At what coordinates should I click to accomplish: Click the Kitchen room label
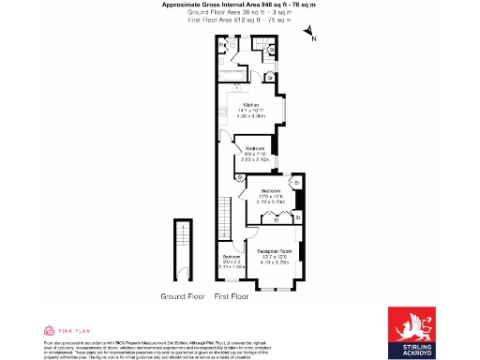click(250, 104)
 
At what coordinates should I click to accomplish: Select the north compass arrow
click(310, 35)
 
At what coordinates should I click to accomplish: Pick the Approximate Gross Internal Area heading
click(239, 5)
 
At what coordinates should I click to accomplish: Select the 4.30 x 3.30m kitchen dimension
click(250, 117)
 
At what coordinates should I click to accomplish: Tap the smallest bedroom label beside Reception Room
click(230, 256)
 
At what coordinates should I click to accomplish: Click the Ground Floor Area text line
click(239, 12)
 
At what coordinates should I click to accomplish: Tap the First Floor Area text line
click(239, 19)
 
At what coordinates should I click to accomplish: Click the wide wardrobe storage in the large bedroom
click(270, 219)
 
